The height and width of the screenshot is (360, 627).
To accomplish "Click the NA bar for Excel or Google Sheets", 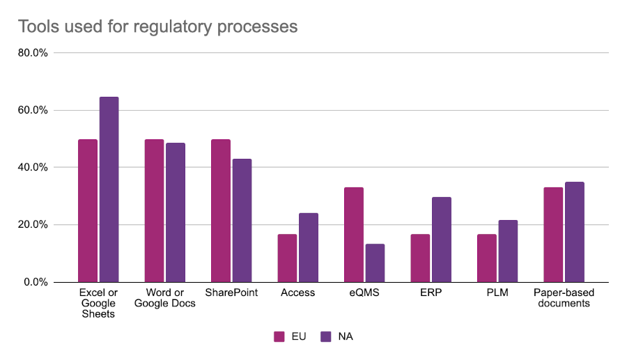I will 109,189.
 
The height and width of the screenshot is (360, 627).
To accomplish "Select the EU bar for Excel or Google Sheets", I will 88,210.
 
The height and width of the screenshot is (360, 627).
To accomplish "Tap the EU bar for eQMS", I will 354,235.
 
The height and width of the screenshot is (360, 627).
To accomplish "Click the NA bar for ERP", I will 442,240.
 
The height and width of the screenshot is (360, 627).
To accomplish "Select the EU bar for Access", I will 287,258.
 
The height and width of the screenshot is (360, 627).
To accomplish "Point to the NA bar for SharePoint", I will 242,220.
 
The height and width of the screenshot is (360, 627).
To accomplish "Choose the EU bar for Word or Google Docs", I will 154,210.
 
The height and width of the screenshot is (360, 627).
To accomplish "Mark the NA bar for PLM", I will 508,251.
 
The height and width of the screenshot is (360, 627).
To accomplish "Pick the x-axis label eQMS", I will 364,293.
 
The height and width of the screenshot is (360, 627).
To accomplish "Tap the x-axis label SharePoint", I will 231,293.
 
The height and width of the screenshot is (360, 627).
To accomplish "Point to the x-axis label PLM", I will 497,293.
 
